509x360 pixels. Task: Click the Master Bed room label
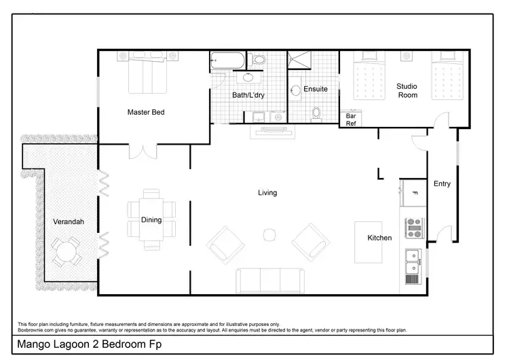(x=146, y=112)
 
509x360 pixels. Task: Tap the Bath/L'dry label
(x=249, y=95)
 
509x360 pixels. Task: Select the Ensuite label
(x=315, y=89)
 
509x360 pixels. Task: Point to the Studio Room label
(x=407, y=90)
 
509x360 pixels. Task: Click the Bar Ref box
(x=351, y=120)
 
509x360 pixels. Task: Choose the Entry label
(x=442, y=183)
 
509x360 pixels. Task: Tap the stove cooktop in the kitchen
(x=414, y=228)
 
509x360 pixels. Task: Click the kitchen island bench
(x=369, y=243)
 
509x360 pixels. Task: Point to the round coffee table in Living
(x=269, y=235)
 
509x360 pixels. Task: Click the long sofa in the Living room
(x=269, y=280)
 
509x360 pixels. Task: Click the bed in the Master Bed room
(x=147, y=73)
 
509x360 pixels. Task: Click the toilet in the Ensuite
(x=316, y=113)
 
